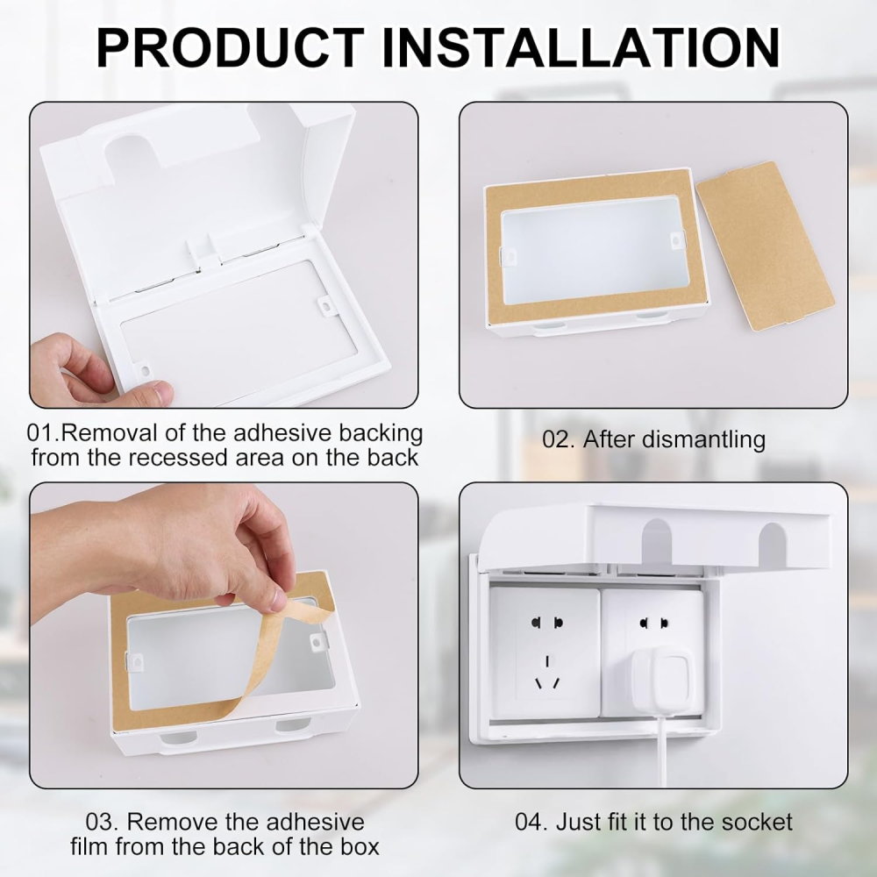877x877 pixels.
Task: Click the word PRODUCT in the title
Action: (x=231, y=47)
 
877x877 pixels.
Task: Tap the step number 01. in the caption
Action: (x=42, y=433)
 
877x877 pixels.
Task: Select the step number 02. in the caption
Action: (x=558, y=439)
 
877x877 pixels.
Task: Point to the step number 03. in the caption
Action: (x=102, y=822)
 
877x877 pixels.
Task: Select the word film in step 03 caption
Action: (x=92, y=846)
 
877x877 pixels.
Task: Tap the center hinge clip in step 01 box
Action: (x=203, y=250)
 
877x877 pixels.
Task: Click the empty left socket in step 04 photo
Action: (x=544, y=651)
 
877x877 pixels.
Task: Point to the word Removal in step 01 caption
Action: (x=101, y=433)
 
